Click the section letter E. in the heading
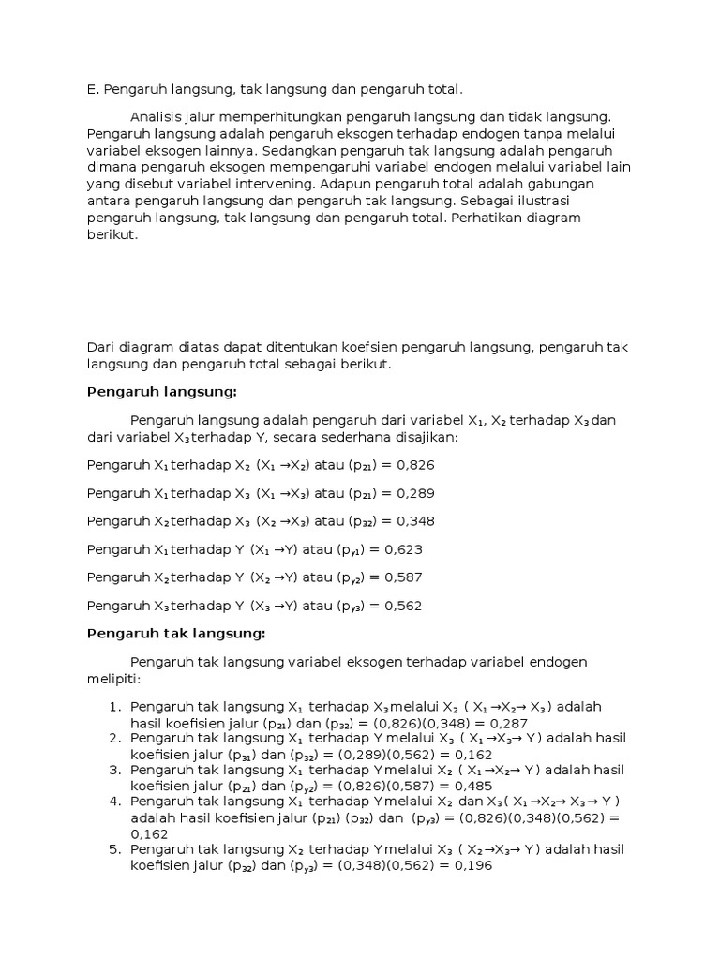92,90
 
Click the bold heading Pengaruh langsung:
162,391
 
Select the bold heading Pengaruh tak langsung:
176,633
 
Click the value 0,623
403,549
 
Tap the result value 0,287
508,724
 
